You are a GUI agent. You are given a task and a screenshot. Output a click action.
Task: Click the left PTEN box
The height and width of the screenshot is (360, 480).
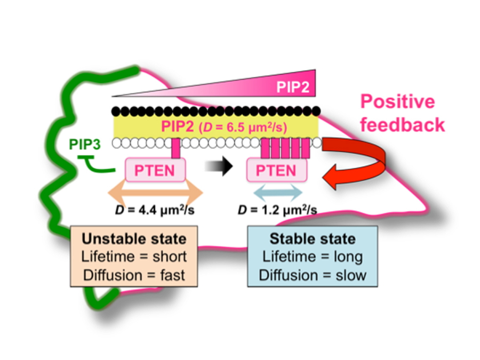tap(155, 171)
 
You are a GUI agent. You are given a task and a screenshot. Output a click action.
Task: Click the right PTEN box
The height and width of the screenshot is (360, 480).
tap(276, 171)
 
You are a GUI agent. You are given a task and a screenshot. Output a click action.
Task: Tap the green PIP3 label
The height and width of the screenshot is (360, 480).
tap(84, 145)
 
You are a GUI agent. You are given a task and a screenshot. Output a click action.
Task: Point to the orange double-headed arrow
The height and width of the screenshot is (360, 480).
tap(155, 193)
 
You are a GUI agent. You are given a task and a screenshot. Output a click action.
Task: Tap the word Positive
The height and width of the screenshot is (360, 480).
tap(397, 101)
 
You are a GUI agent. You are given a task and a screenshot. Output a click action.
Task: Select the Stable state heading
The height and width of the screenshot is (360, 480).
tap(313, 238)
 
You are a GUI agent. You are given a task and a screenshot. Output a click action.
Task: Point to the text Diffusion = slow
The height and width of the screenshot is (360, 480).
tap(313, 275)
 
